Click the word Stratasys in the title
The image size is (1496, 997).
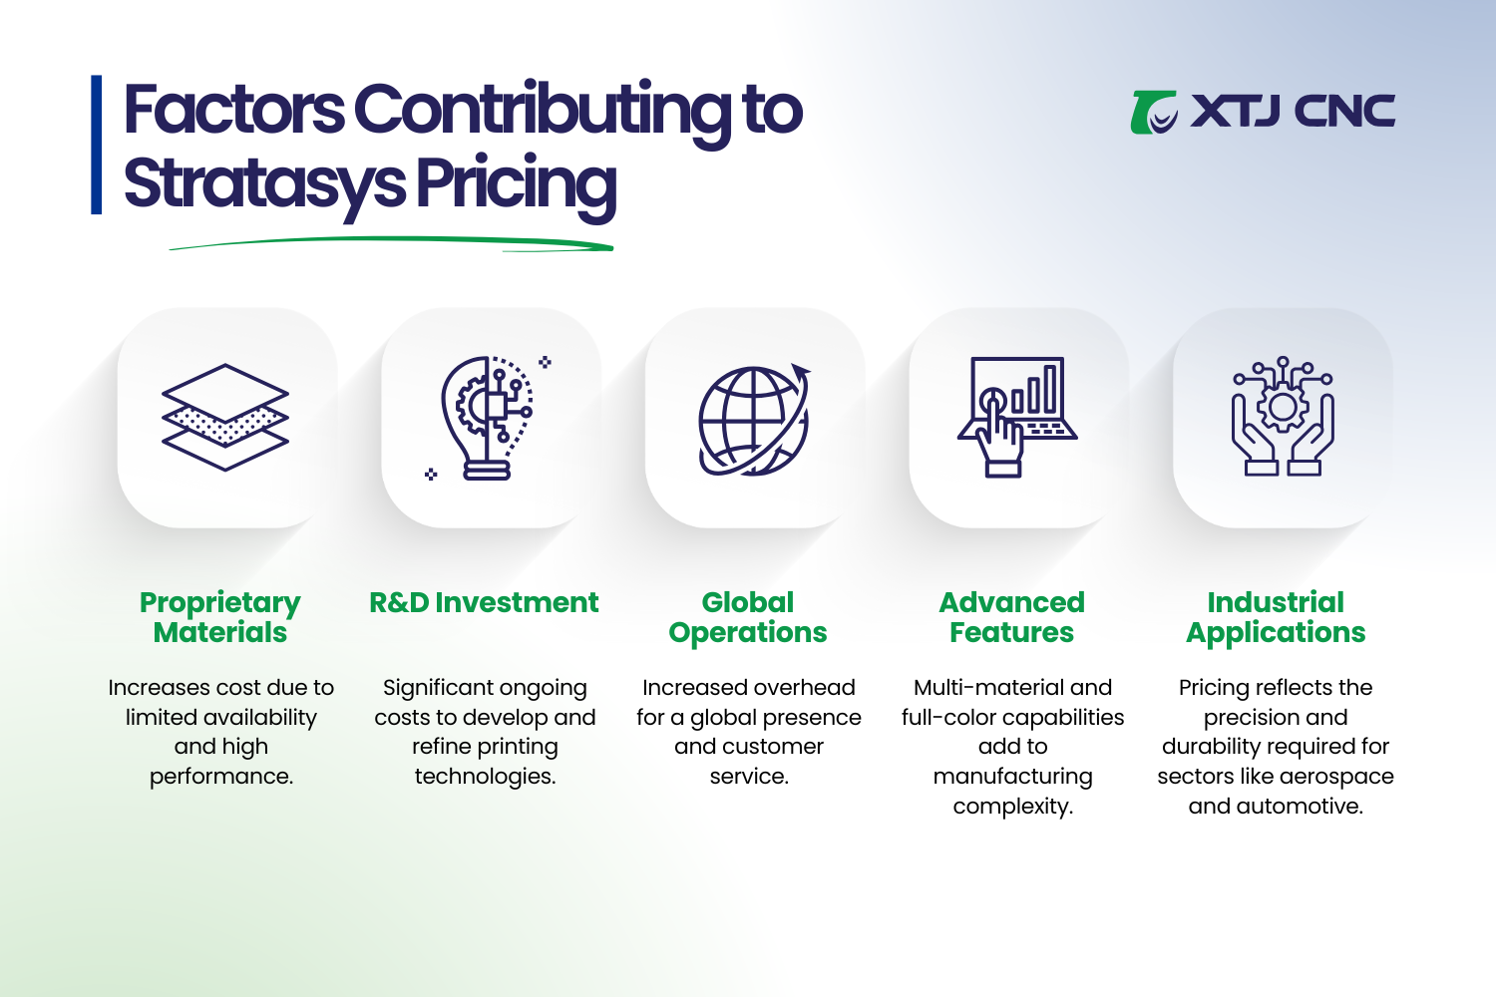point(264,184)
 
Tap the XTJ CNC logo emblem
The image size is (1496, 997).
point(1154,112)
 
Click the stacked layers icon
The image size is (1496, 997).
point(225,417)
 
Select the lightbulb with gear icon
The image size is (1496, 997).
point(488,418)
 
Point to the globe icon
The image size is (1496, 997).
point(753,420)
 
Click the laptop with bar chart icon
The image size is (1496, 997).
point(1017,417)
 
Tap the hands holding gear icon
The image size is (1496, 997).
point(1283,417)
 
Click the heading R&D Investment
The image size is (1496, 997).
point(484,602)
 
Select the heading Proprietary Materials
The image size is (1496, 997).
point(220,617)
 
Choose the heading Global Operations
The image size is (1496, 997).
point(748,617)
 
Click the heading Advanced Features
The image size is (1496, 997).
point(1012,617)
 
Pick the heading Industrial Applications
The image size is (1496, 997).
point(1276,617)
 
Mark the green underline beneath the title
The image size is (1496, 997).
point(391,242)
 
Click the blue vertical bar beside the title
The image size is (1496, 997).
point(97,145)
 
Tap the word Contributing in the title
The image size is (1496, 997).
point(543,110)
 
